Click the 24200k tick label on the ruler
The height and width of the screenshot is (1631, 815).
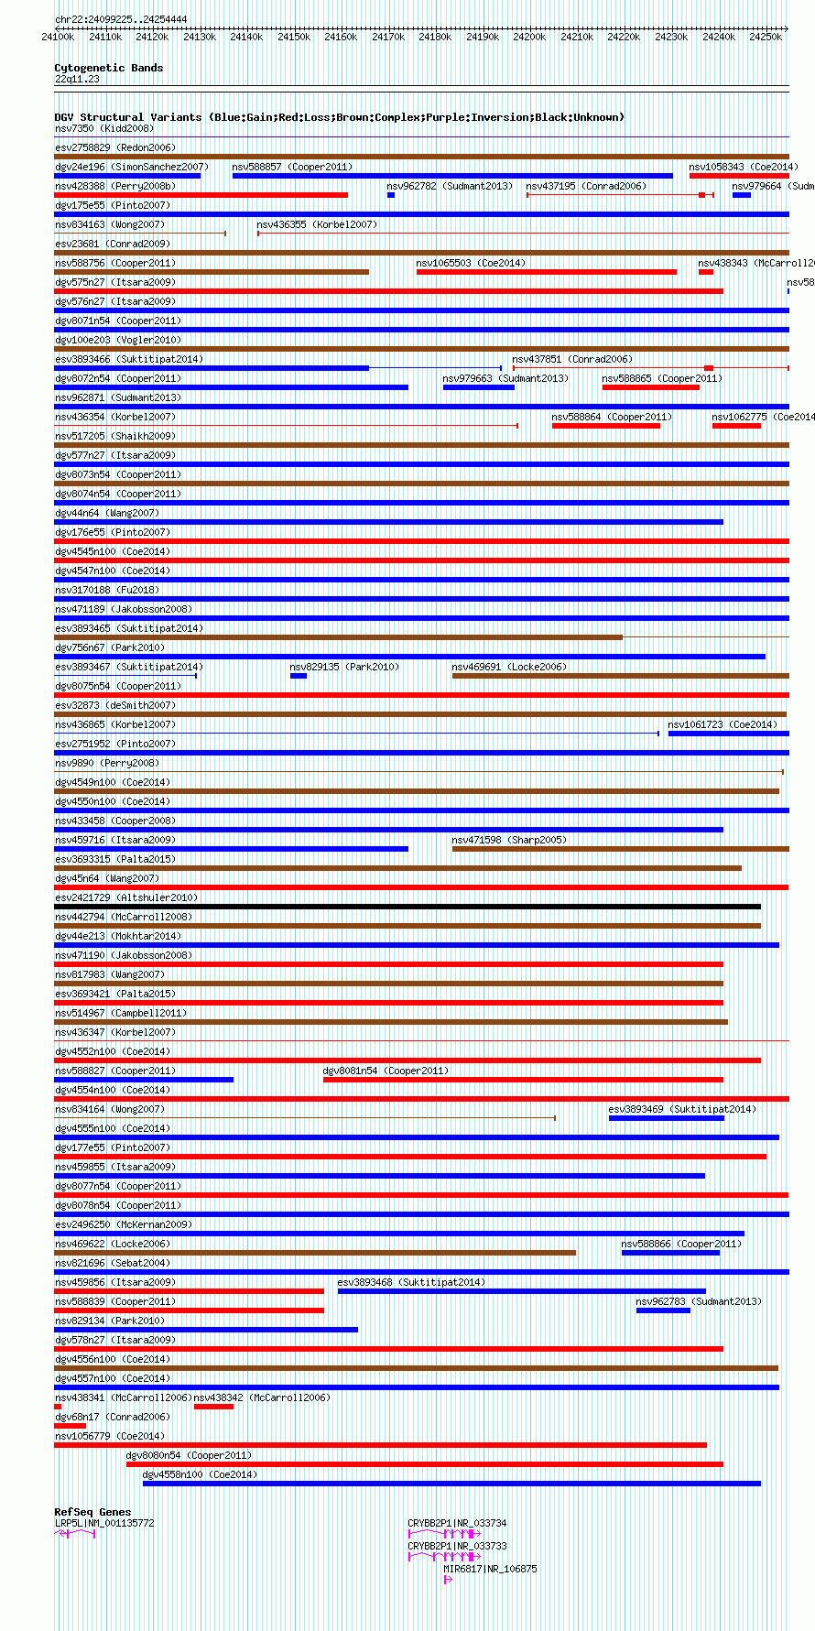[528, 37]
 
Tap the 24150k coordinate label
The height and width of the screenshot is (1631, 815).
[293, 37]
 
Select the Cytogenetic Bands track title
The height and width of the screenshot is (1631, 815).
[108, 68]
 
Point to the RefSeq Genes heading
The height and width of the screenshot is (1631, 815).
[92, 1512]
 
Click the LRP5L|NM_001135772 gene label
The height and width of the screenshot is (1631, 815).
[104, 1523]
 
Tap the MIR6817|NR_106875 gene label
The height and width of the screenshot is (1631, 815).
[490, 1569]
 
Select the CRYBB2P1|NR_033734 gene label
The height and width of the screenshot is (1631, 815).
[457, 1523]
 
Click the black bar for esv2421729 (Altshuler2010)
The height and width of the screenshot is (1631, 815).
[407, 907]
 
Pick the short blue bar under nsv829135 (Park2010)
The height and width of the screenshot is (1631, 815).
[299, 676]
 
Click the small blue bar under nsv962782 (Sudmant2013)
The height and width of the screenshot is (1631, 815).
[391, 195]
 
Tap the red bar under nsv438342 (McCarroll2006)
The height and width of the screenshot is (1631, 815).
[213, 1407]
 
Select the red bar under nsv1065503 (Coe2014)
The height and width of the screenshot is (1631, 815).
[546, 272]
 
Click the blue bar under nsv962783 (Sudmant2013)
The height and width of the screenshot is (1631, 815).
[663, 1310]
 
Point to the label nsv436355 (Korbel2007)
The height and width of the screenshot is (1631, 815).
[316, 224]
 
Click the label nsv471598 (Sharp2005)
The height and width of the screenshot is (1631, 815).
[508, 840]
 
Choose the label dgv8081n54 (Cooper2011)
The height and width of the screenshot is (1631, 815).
[385, 1071]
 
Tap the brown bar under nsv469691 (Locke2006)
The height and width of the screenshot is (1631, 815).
[620, 676]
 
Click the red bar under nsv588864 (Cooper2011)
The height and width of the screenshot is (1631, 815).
[605, 426]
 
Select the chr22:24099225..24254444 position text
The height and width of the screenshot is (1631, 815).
[121, 19]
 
